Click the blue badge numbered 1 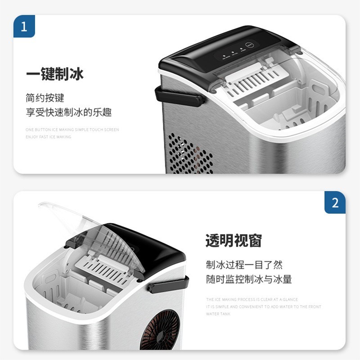24,26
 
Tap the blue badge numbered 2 335,202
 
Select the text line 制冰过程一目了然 244,265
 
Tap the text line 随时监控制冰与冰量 249,279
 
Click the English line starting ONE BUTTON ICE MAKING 72,130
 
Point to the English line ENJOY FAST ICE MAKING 48,137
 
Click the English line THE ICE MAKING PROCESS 252,299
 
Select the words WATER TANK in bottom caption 218,314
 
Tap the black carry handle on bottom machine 169,285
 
